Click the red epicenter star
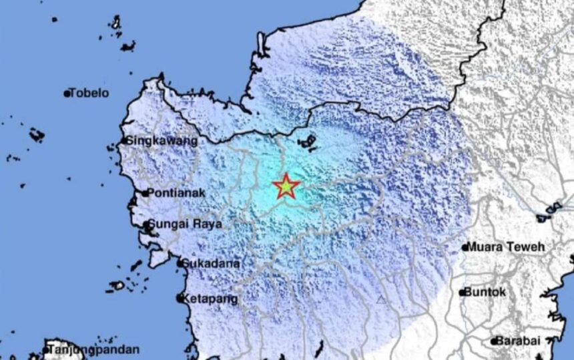(286, 187)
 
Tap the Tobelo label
(89, 94)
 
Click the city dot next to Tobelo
(67, 94)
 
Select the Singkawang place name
(162, 141)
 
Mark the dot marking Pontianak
(146, 194)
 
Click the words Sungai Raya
(185, 224)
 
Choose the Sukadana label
(212, 263)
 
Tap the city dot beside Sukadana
(180, 264)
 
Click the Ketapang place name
(210, 299)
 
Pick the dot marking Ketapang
(180, 299)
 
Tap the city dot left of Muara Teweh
(465, 248)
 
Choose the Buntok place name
(485, 292)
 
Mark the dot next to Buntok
(462, 293)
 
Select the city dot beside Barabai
(495, 341)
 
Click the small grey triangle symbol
(381, 300)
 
